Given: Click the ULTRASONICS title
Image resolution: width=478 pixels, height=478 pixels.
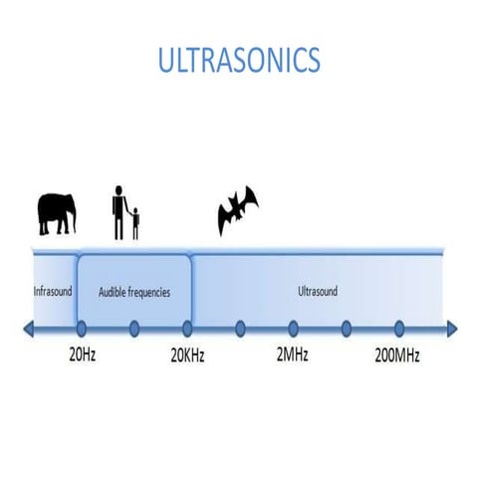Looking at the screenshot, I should point(239,60).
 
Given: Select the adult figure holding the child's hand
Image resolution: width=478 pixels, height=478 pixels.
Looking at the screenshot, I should point(119,210).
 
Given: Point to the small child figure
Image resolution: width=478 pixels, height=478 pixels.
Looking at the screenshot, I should point(135,223).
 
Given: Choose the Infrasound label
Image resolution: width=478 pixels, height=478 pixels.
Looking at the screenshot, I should point(53,292).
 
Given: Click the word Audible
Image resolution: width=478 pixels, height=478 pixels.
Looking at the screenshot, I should point(115,293).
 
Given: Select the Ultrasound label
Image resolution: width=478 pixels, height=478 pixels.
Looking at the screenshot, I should point(318,292).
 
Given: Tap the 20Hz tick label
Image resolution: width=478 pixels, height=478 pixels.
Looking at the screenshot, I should point(82,356).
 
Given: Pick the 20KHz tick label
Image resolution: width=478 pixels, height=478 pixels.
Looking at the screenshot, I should point(187,356).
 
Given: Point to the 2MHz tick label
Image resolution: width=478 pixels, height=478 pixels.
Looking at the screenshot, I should point(294,356).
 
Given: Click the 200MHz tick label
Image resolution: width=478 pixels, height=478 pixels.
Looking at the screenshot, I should point(397,356).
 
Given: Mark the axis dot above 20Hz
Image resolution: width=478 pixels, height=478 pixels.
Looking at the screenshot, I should point(81,327).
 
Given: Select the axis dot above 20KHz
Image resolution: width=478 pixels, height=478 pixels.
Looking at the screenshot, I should point(187,327).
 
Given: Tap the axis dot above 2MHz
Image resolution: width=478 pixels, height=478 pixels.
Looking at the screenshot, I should point(293,327).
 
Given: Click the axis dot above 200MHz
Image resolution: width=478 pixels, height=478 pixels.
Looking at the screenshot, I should point(398,327).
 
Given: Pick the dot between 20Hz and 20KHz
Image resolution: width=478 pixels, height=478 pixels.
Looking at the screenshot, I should point(133,327).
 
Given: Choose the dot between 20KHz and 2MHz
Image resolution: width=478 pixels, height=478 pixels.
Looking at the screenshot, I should point(240,327).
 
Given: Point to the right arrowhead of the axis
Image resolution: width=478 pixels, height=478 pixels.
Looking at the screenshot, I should point(451,328).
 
